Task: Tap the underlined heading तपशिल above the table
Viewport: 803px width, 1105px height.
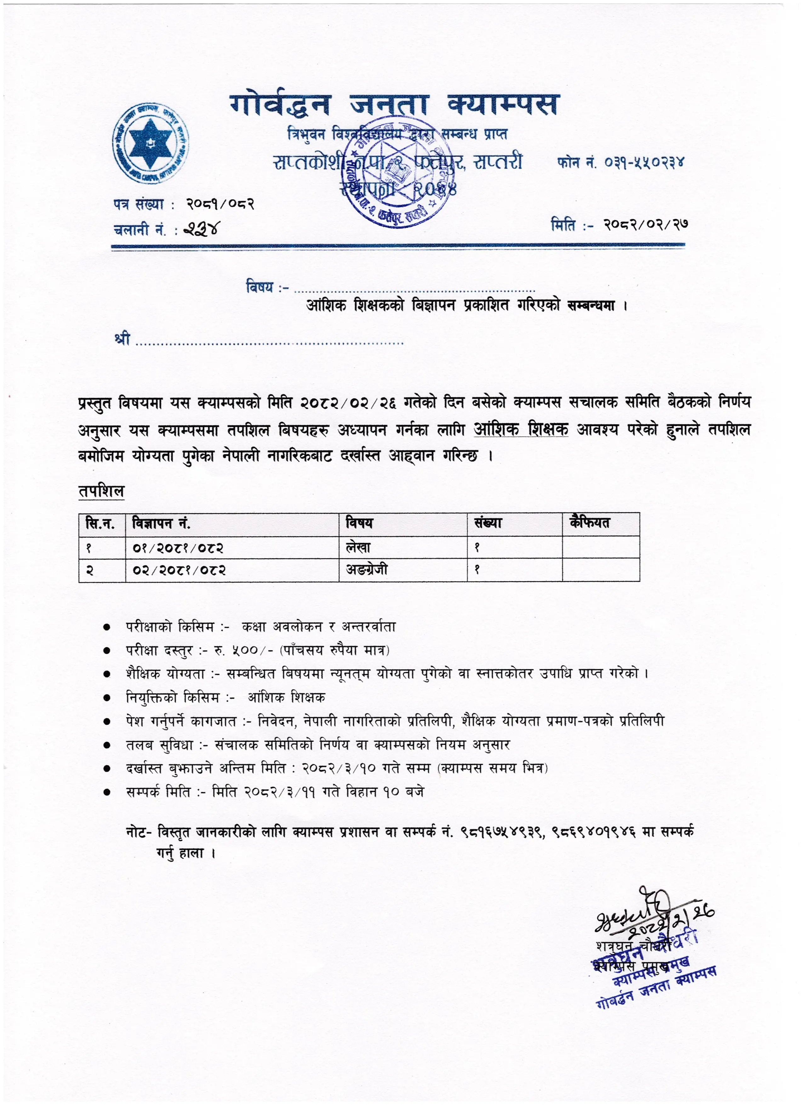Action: pyautogui.click(x=101, y=491)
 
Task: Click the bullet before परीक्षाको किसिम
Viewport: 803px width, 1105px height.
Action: pyautogui.click(x=106, y=628)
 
